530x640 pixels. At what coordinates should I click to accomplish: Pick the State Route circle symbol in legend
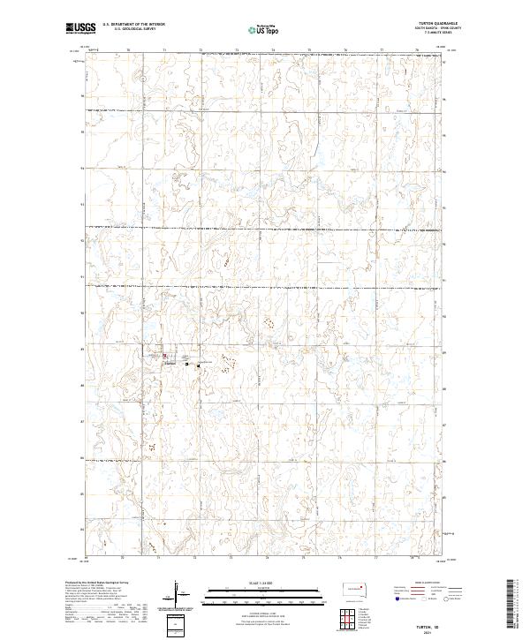tap(447, 599)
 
